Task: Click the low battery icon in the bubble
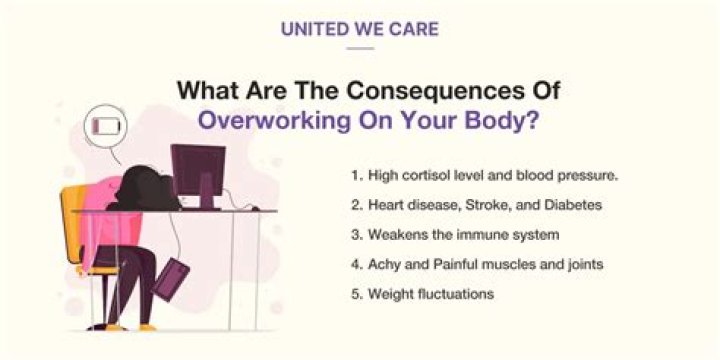105,127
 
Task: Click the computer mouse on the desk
256,208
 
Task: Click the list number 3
355,235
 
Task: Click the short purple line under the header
359,47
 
